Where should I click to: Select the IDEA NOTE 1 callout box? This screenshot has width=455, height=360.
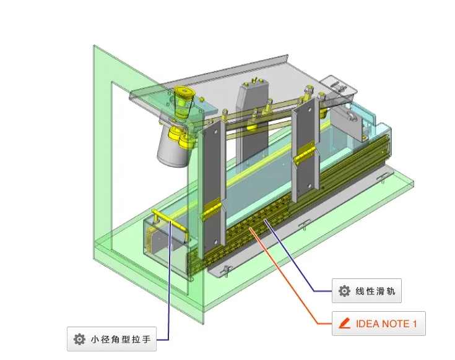point(378,324)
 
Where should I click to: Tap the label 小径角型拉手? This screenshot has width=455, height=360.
point(120,339)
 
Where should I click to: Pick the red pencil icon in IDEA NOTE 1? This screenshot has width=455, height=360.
point(344,324)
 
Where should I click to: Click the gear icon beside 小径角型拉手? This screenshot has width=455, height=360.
point(79,339)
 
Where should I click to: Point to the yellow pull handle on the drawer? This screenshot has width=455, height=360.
point(170,220)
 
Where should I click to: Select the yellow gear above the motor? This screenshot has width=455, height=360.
point(184,96)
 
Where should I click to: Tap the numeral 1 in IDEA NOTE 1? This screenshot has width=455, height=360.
point(415,324)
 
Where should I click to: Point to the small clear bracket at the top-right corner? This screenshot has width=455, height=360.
point(339,87)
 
